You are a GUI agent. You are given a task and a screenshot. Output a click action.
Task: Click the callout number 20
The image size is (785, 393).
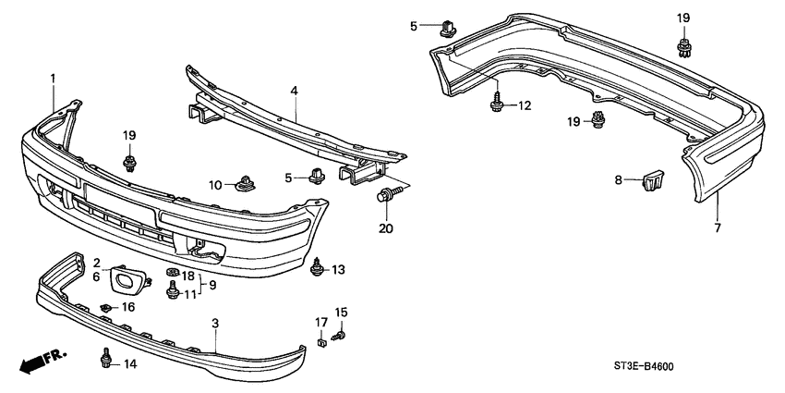coord(386,226)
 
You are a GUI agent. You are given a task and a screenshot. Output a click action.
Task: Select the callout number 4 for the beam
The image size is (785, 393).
coord(294,91)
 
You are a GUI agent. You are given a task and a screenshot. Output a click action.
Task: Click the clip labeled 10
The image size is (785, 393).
coord(246,183)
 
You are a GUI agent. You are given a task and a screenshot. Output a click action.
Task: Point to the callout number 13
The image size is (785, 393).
coord(338,270)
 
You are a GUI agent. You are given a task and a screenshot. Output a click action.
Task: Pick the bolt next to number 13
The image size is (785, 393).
coord(319,268)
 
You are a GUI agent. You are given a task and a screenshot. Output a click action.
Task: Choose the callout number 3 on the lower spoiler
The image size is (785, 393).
coord(215,325)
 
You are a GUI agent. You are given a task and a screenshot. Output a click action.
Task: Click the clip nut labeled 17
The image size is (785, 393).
coord(322,346)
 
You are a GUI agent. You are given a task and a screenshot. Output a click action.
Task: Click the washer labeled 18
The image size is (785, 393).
coord(172,274)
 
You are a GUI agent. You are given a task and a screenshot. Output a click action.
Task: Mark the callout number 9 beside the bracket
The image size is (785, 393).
coord(211,285)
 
